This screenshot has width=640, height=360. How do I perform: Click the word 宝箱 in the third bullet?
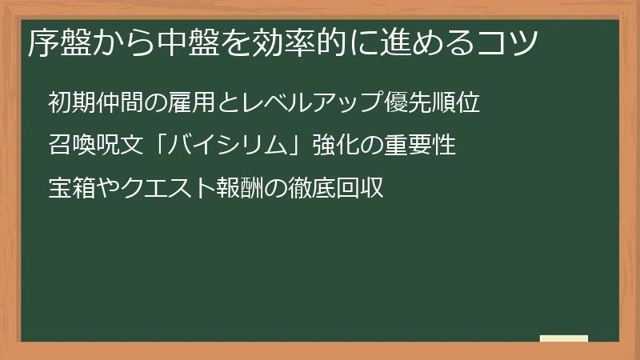coord(71,189)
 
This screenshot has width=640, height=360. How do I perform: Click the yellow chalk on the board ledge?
coord(564,339)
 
